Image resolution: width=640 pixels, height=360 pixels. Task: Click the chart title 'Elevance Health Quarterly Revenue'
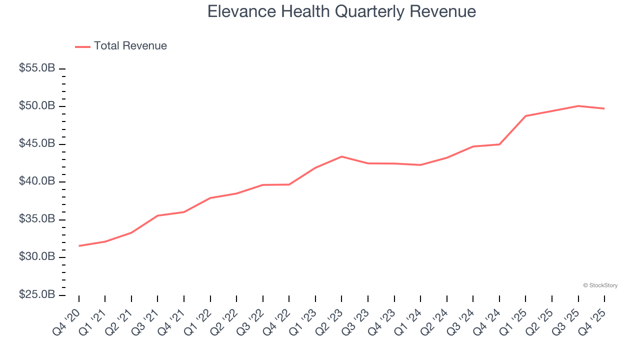[x=341, y=11]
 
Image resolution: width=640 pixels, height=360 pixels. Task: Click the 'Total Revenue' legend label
[x=130, y=46]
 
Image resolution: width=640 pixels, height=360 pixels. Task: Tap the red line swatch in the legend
[x=82, y=46]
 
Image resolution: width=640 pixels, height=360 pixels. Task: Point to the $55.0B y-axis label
[x=37, y=68]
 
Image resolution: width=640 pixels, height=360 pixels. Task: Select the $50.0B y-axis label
[x=37, y=106]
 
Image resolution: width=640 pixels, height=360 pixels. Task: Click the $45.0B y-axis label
[x=37, y=144]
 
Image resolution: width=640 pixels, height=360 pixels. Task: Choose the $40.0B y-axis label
[x=37, y=181]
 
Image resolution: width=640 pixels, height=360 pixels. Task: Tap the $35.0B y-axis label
[x=37, y=219]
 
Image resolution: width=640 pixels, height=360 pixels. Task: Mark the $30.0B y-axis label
[x=37, y=257]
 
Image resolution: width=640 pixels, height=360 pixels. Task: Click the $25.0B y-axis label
[x=37, y=295]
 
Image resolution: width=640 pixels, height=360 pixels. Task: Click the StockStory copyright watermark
[x=600, y=285]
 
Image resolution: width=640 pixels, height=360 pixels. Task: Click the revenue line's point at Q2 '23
[x=341, y=156]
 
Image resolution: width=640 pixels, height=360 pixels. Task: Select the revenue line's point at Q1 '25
[x=525, y=116]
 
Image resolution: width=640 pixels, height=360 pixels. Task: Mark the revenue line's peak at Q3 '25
[x=578, y=106]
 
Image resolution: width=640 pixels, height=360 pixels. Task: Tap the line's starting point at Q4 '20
[x=79, y=246]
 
